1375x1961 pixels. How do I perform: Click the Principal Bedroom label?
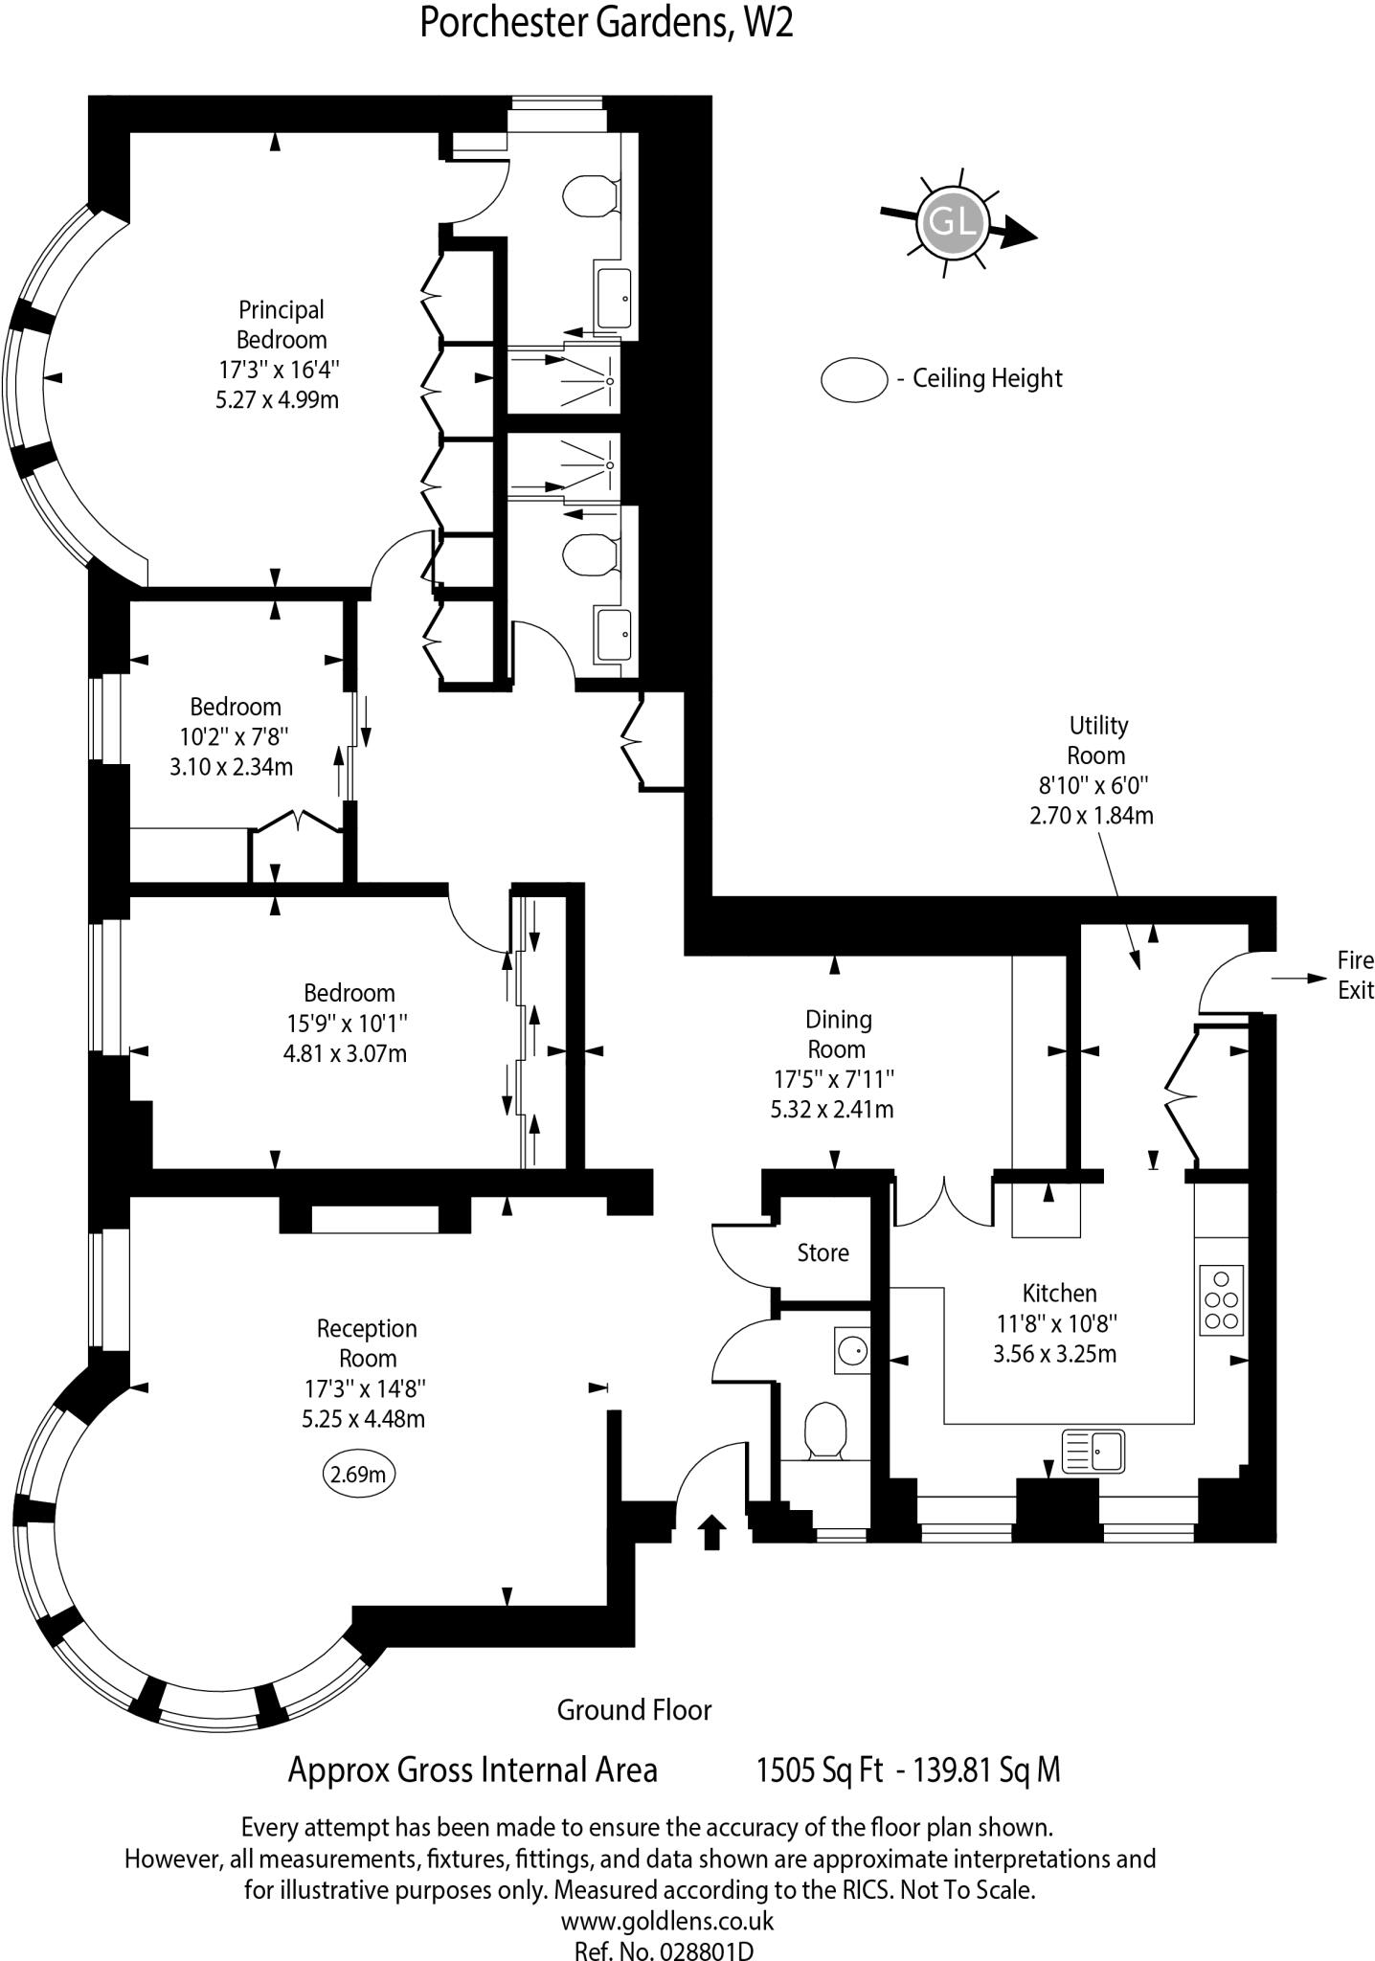(x=282, y=325)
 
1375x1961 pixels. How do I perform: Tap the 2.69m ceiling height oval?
(x=358, y=1474)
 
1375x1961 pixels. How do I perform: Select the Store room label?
(x=823, y=1252)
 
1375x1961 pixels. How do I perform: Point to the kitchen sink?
(x=1093, y=1451)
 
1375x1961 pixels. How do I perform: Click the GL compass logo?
(x=952, y=222)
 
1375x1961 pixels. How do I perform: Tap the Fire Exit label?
(x=1355, y=975)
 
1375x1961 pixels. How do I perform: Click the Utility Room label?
(x=1097, y=740)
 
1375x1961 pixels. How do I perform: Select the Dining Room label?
(x=838, y=1034)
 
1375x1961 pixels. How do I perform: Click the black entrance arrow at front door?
(x=710, y=1531)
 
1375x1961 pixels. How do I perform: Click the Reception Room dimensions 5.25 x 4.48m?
(x=363, y=1418)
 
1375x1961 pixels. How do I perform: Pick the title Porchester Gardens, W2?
(x=606, y=23)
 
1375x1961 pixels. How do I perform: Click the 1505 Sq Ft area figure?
(x=819, y=1769)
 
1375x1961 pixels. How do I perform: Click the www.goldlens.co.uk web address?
(x=666, y=1920)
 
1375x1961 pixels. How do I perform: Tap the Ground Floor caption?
(x=634, y=1709)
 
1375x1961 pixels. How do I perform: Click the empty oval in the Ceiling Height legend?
(x=853, y=379)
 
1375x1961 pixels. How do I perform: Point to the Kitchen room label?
(x=1059, y=1293)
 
